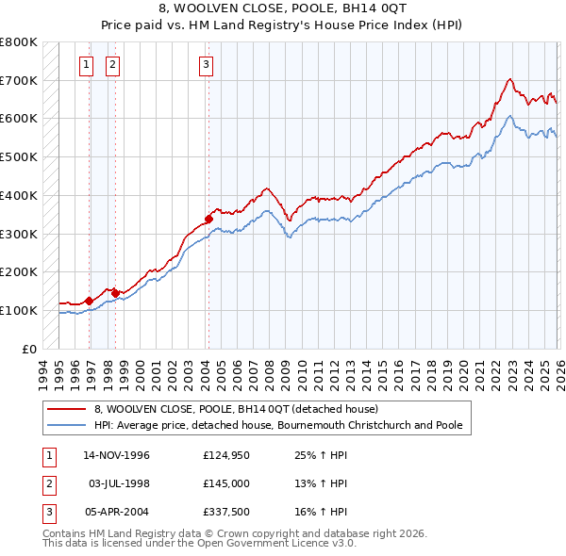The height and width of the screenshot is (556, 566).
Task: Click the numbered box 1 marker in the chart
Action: (x=86, y=65)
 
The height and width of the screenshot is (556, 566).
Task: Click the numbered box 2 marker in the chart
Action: (x=112, y=65)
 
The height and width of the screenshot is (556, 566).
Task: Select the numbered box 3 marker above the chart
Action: (x=206, y=65)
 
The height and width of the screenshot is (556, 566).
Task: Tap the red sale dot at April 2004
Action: (x=208, y=219)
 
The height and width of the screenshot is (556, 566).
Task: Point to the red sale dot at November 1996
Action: (x=89, y=301)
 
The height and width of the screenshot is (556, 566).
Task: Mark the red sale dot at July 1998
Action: (x=115, y=293)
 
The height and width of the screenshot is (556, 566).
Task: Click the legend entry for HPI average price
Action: (x=278, y=425)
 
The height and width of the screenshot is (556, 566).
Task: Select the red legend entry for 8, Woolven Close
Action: (x=236, y=409)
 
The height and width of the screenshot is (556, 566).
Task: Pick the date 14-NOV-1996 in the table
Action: (x=117, y=455)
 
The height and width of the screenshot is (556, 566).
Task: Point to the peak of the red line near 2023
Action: (x=508, y=79)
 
